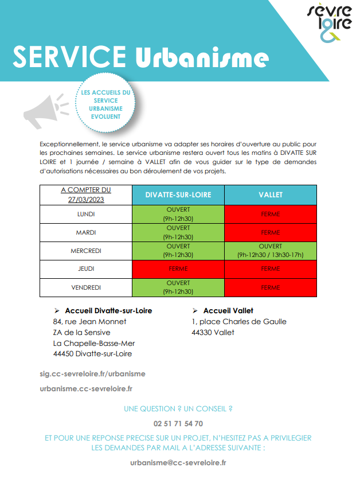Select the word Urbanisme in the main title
(202, 57)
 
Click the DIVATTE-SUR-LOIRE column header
(178, 195)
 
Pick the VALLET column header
(271, 195)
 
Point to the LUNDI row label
(86, 215)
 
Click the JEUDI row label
(86, 268)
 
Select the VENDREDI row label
(86, 287)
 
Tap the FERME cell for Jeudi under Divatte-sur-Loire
(178, 268)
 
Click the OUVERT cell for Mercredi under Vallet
(271, 251)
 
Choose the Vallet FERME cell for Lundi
(271, 215)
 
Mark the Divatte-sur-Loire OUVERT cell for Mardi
(178, 232)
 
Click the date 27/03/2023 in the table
(86, 198)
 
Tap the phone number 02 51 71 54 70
(178, 423)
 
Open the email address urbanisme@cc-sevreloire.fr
(178, 462)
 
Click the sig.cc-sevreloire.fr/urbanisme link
(92, 373)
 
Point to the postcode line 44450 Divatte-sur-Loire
(92, 354)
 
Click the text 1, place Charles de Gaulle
(239, 321)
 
